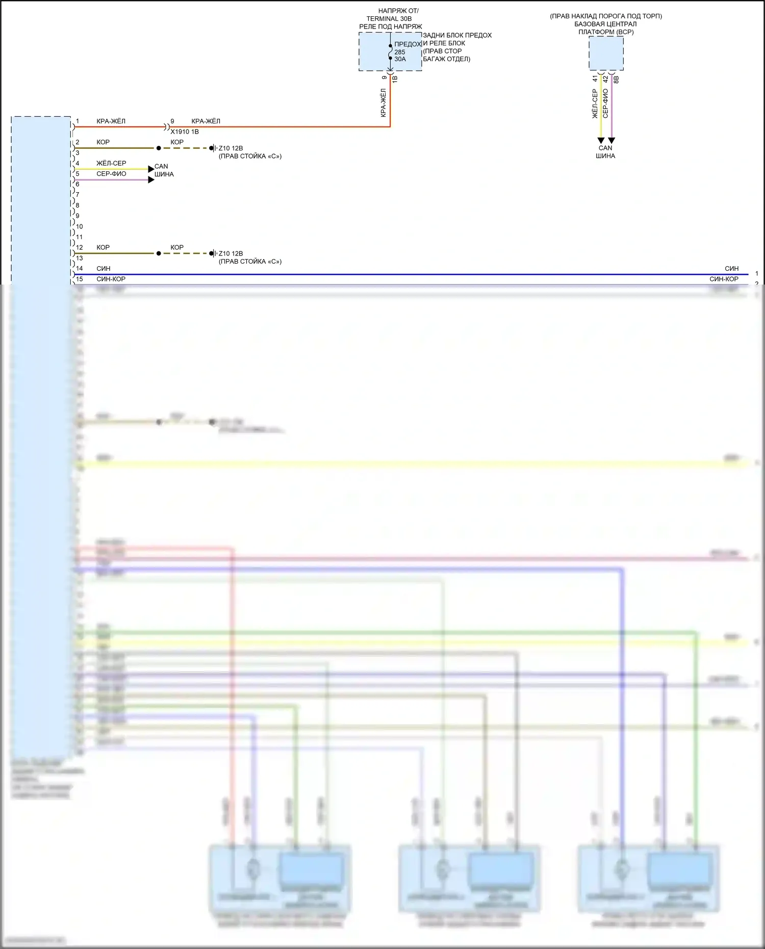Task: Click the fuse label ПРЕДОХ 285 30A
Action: click(406, 52)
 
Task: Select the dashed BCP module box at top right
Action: click(606, 53)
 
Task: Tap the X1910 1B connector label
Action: click(185, 132)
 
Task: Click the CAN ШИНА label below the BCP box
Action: click(605, 152)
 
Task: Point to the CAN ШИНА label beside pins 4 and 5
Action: click(164, 170)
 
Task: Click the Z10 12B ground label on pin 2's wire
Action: click(231, 148)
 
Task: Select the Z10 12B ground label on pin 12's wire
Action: click(231, 253)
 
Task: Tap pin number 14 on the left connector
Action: click(79, 268)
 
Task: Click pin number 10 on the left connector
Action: click(79, 226)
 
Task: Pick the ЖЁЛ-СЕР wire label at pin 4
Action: click(111, 163)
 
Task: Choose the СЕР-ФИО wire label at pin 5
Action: click(111, 174)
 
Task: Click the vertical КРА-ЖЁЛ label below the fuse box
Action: click(384, 103)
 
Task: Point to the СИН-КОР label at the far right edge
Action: click(724, 279)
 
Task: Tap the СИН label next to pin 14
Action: click(104, 268)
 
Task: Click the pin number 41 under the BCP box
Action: click(595, 79)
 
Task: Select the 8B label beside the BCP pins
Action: click(616, 80)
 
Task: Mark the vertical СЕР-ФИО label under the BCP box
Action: click(605, 104)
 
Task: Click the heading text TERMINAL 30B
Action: click(389, 19)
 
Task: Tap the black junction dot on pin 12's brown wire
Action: click(159, 253)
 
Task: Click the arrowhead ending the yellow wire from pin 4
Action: click(151, 169)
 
